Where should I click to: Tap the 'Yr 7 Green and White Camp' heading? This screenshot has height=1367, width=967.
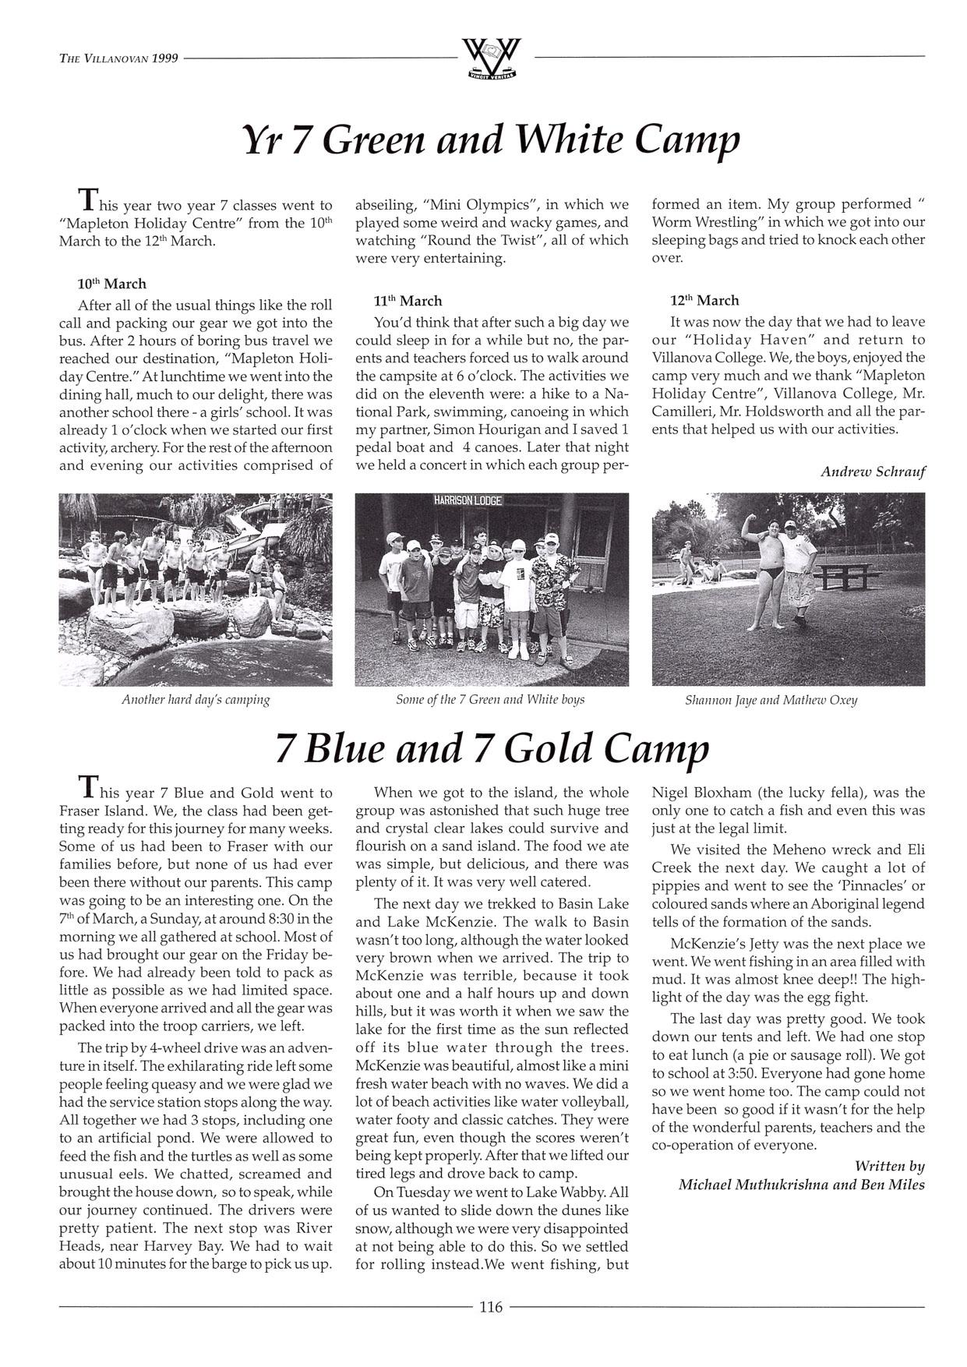(490, 140)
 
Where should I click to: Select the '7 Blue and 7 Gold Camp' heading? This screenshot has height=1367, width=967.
(492, 748)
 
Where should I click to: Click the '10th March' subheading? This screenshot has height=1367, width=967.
(111, 284)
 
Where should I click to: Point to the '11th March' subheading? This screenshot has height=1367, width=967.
(408, 301)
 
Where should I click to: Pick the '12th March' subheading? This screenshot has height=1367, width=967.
(704, 300)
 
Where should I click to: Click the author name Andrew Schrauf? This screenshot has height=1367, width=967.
(873, 472)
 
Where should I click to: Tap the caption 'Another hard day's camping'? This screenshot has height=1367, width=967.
(196, 699)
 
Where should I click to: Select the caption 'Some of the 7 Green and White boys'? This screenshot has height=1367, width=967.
(490, 699)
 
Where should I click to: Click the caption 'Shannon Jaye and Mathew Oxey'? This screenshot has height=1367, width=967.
(771, 700)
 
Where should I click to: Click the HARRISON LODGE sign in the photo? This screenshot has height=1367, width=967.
(468, 500)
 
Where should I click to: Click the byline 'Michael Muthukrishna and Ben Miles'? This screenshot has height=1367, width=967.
(801, 1185)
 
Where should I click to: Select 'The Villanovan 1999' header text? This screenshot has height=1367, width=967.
(118, 58)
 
